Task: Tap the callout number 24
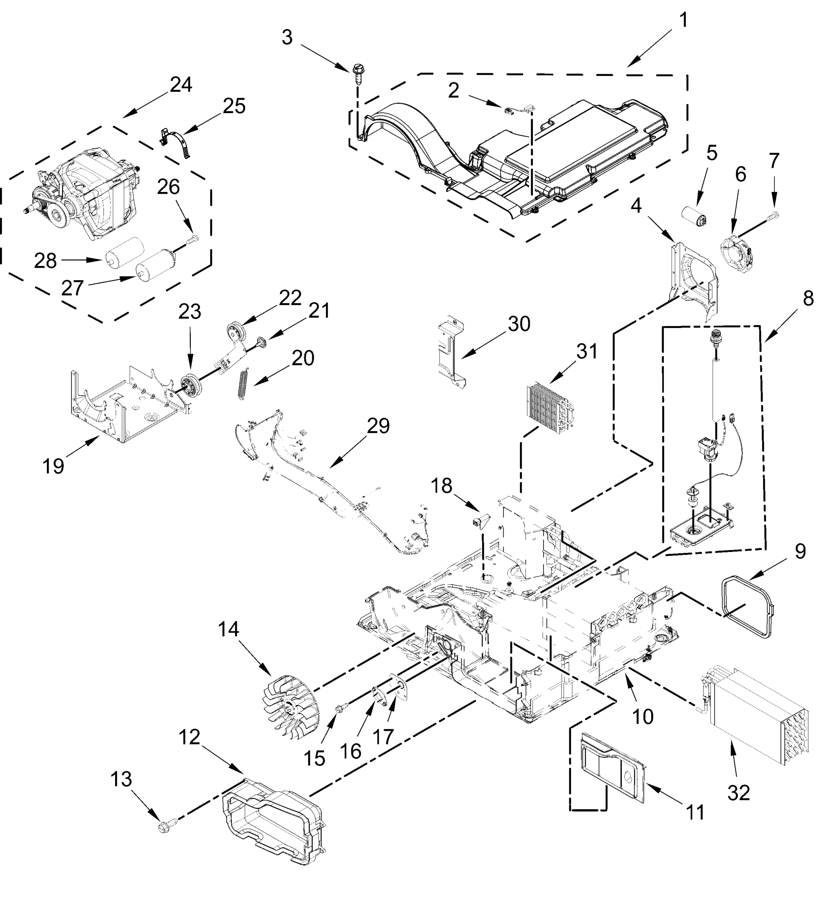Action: [181, 85]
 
